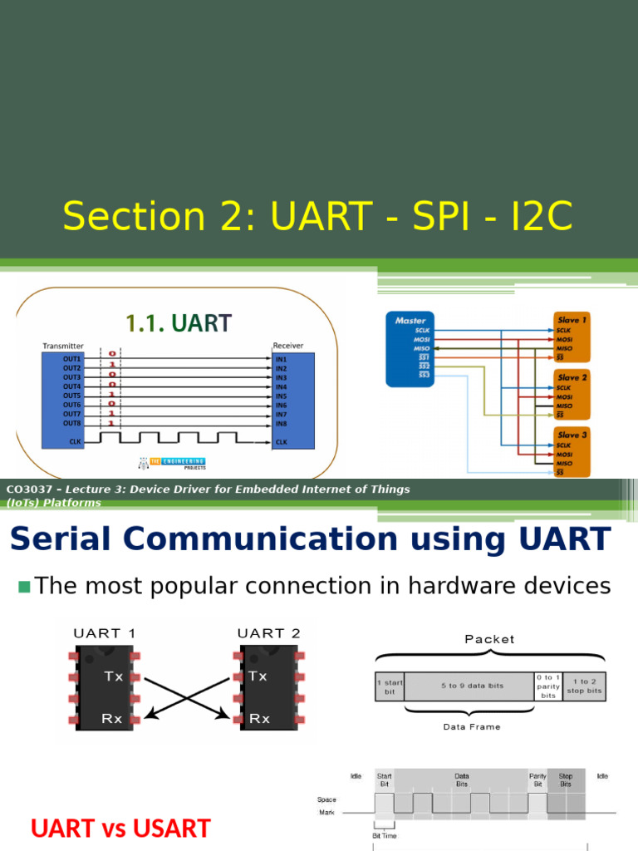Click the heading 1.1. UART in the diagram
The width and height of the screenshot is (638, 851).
[x=178, y=322]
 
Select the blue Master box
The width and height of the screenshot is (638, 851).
[x=410, y=349]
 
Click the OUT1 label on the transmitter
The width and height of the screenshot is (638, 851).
[x=71, y=359]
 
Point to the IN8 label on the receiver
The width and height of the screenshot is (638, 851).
[x=281, y=423]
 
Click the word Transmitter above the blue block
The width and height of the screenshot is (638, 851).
[x=63, y=345]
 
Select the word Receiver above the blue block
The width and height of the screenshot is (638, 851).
[x=288, y=345]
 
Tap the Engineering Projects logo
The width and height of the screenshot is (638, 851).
[x=172, y=463]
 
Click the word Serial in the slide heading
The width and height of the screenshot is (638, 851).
[x=67, y=539]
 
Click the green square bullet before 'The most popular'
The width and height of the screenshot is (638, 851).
[x=23, y=588]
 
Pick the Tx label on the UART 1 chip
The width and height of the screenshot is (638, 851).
[x=114, y=676]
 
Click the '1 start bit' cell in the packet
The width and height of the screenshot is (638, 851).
[x=390, y=686]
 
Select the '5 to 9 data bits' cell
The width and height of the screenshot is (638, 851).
[x=469, y=686]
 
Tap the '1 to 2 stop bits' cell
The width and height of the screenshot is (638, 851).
[x=583, y=686]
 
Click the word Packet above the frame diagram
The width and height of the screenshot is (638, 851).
[x=489, y=639]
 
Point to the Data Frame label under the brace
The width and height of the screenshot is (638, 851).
[x=471, y=726]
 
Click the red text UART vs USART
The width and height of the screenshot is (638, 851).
[x=120, y=829]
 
